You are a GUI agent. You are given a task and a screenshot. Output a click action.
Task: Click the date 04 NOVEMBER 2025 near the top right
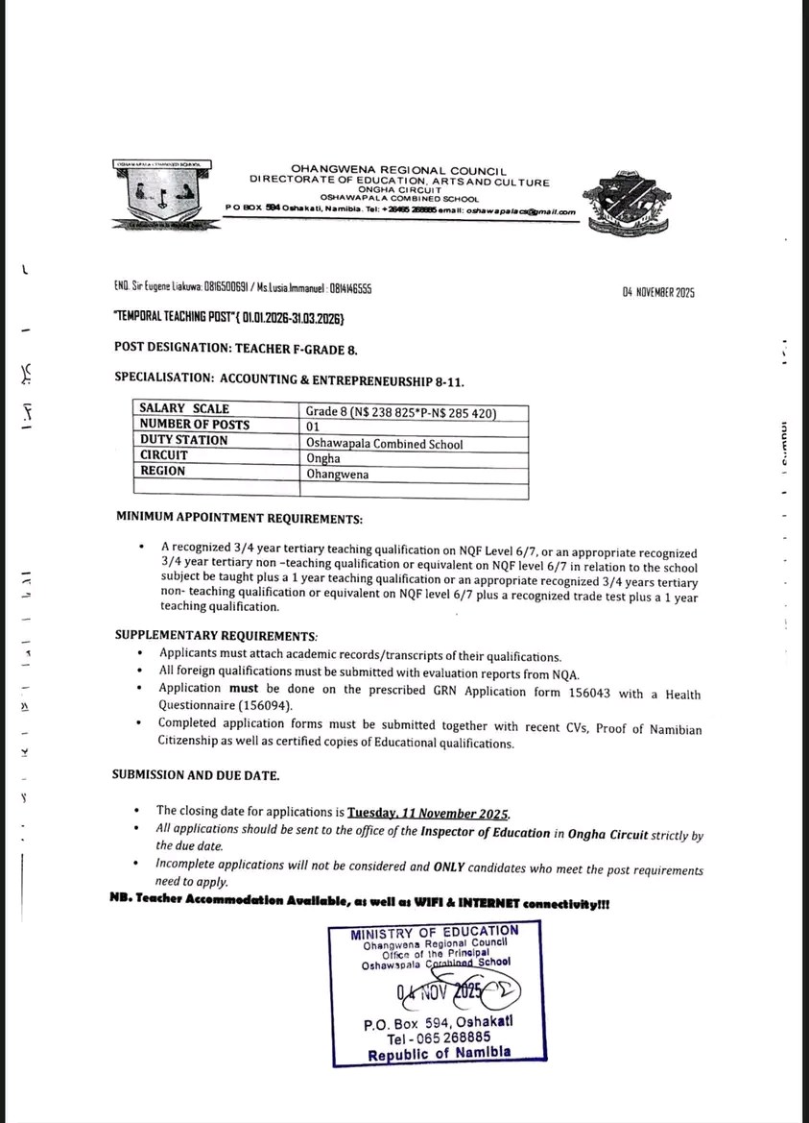pos(658,292)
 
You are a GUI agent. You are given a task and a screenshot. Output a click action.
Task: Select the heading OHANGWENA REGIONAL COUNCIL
pos(398,170)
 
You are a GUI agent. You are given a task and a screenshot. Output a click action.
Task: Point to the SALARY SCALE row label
pos(184,409)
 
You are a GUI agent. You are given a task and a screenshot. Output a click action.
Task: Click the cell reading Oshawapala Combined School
pos(384,444)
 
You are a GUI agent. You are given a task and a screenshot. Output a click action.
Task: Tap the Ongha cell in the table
pos(323,458)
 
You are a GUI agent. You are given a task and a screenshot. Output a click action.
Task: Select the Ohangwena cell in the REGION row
pos(337,474)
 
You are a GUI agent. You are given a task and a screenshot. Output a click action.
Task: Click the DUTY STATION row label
pos(184,440)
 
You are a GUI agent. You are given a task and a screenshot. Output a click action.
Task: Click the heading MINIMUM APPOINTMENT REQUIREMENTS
pos(239,519)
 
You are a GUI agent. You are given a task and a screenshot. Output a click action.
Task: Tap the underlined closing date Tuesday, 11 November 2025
pos(428,812)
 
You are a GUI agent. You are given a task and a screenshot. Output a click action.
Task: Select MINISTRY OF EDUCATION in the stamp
pos(434,931)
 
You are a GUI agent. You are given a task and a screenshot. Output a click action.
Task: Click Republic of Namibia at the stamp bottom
pos(439,1054)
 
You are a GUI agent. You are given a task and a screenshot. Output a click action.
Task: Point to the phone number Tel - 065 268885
pos(439,1038)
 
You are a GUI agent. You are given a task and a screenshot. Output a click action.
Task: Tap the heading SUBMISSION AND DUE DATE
pos(196,774)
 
